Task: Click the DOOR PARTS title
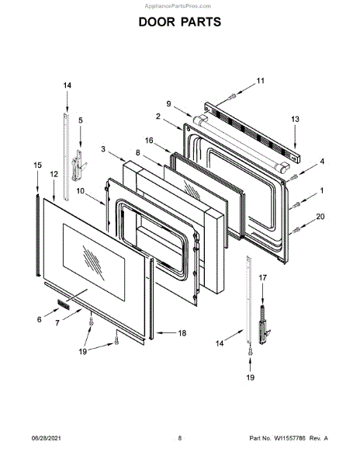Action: pyautogui.click(x=180, y=22)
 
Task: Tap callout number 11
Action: pyautogui.click(x=260, y=81)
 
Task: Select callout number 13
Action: pyautogui.click(x=295, y=119)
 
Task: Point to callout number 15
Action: pyautogui.click(x=37, y=165)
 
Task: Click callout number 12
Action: pyautogui.click(x=54, y=174)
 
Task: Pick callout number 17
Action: pyautogui.click(x=263, y=277)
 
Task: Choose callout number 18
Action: pyautogui.click(x=182, y=333)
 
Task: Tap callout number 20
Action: pyautogui.click(x=320, y=217)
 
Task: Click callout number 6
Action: pyautogui.click(x=39, y=319)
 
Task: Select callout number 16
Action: pyautogui.click(x=149, y=140)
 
